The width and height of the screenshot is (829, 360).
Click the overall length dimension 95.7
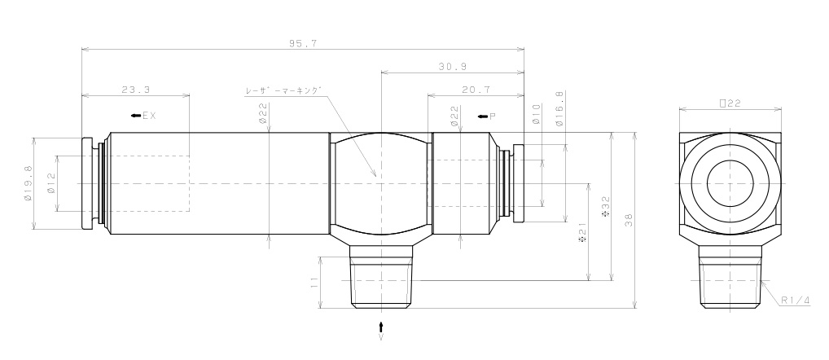[x=302, y=43]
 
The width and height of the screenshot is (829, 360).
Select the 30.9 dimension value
[x=451, y=66]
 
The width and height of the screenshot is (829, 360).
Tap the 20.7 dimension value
[x=475, y=89]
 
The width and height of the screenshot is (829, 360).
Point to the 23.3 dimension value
[x=135, y=89]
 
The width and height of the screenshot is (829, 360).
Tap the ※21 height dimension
[x=581, y=233]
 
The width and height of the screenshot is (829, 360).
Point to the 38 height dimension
[x=628, y=220]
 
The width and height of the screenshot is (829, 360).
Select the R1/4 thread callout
[x=795, y=301]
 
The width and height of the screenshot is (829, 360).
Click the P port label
[x=492, y=116]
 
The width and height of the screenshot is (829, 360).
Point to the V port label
[x=381, y=336]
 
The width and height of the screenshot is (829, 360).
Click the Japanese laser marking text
[x=284, y=91]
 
